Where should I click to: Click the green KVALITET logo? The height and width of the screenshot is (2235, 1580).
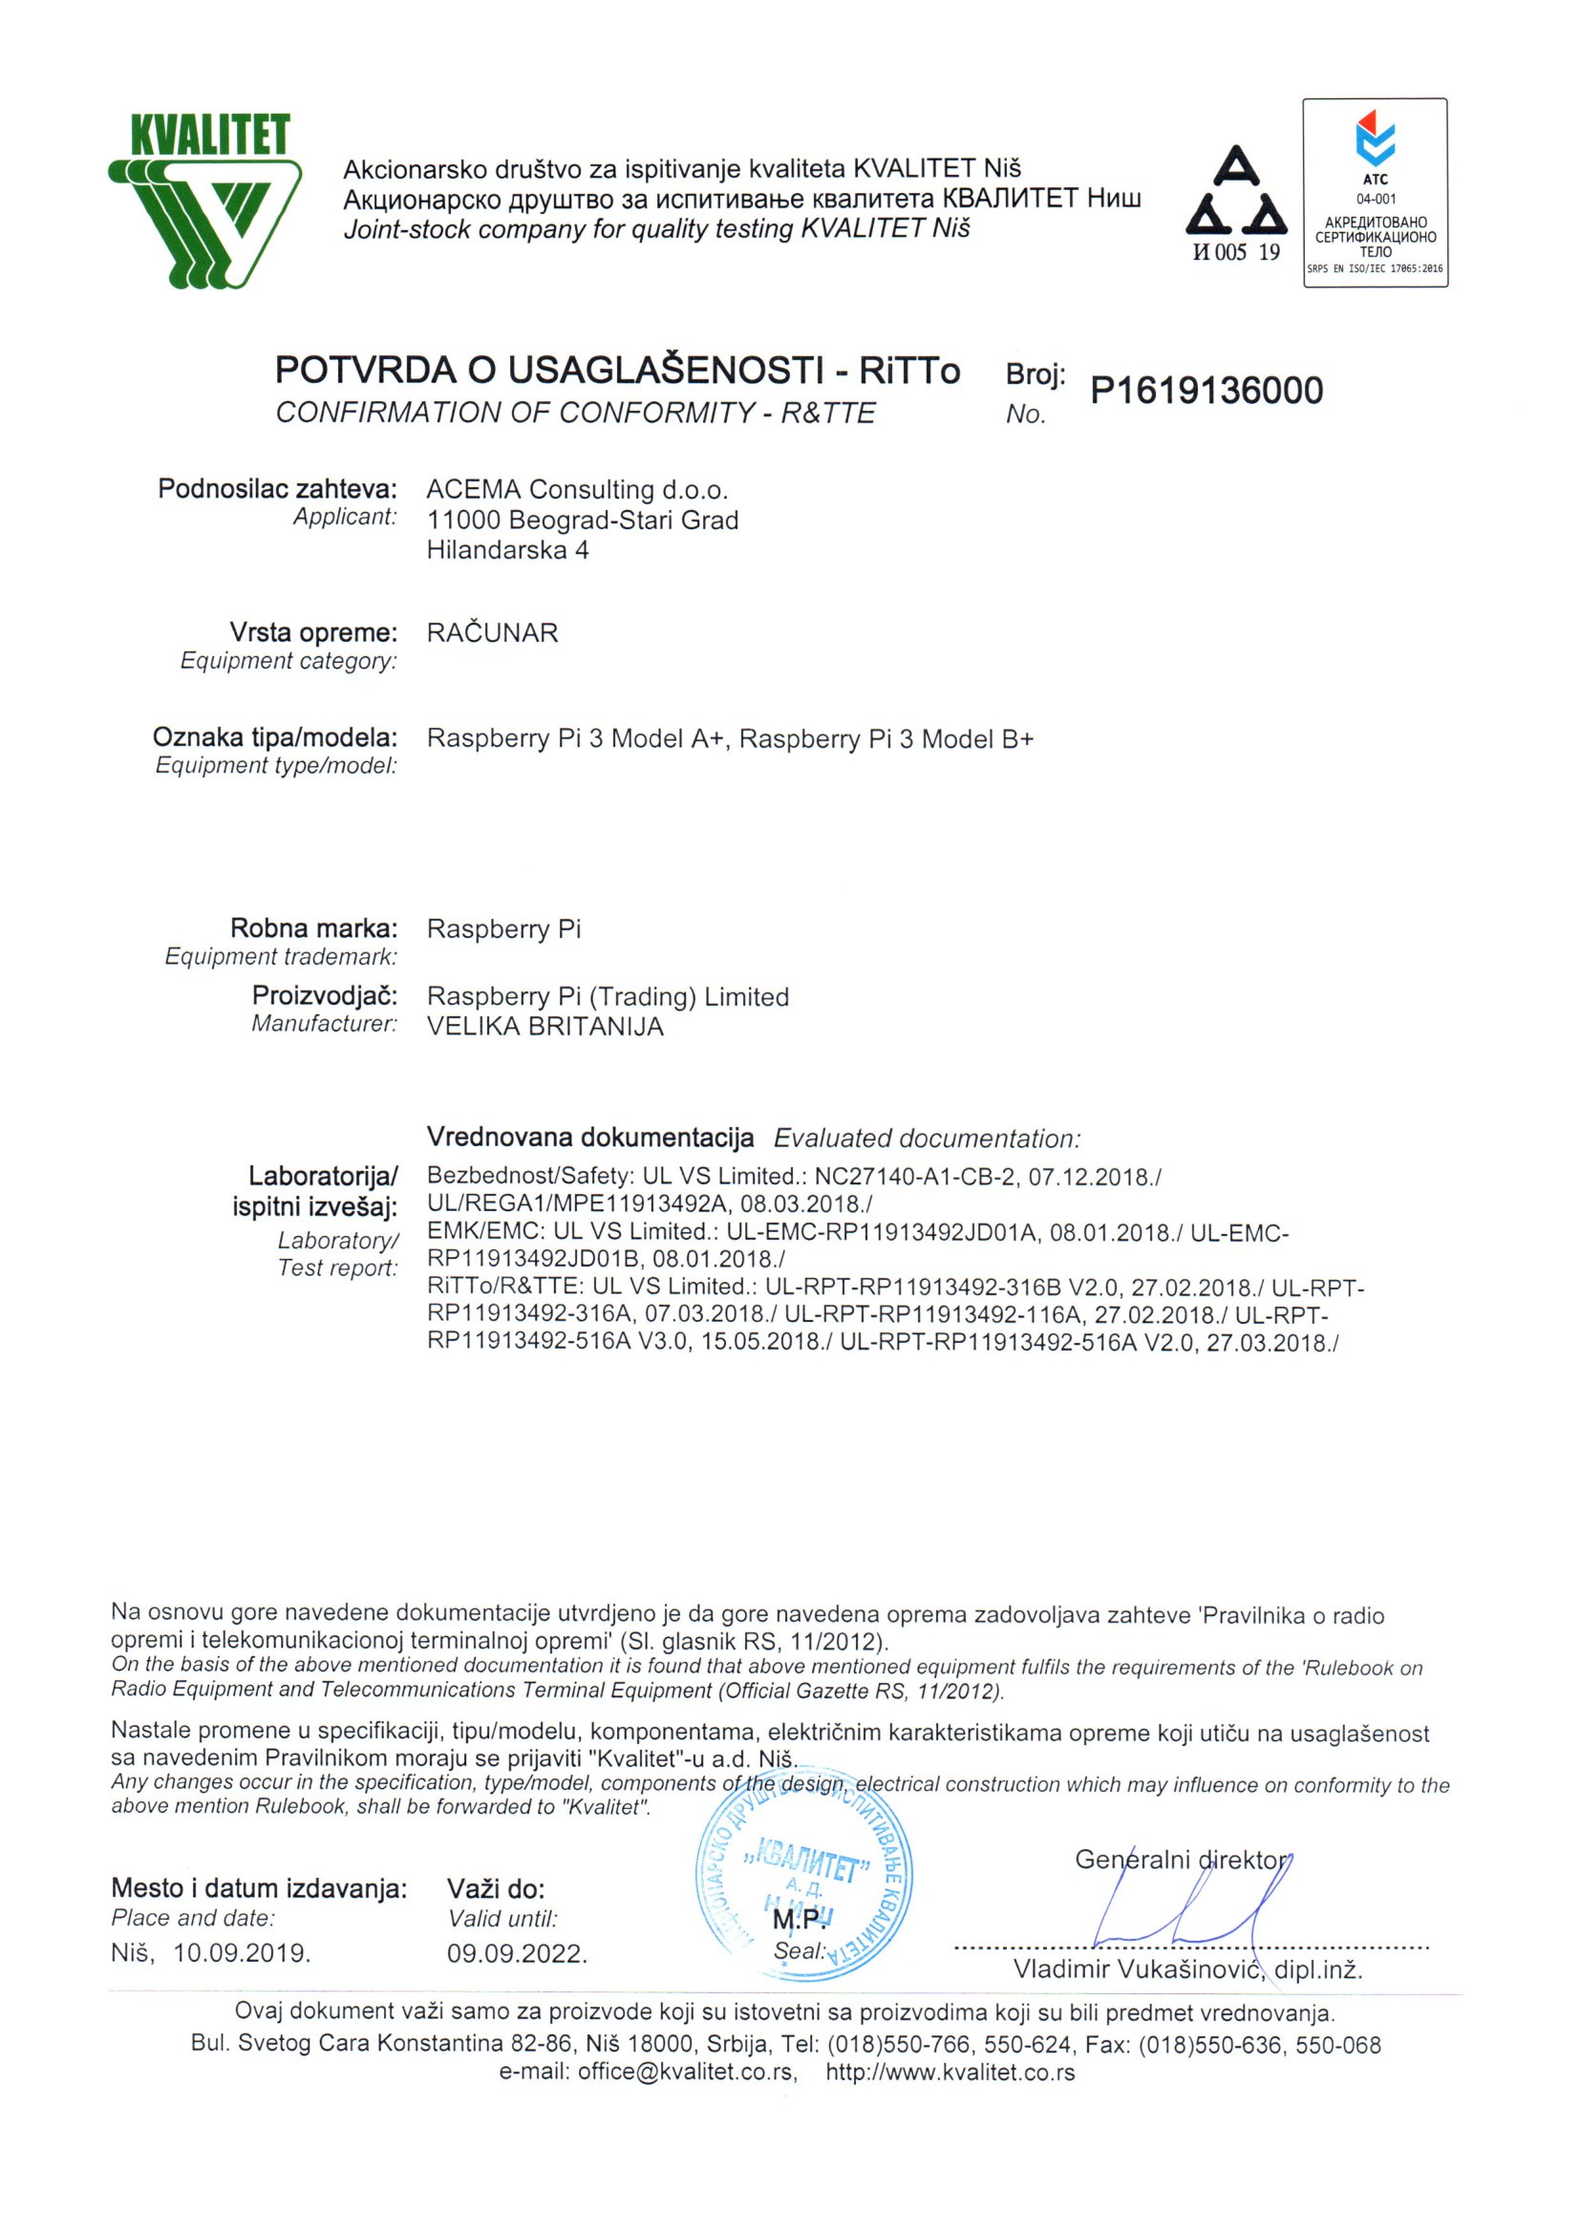click(204, 200)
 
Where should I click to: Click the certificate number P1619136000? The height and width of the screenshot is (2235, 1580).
click(1206, 391)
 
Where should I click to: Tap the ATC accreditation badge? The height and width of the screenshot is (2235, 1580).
click(1375, 192)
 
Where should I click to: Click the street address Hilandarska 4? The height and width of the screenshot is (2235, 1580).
click(507, 550)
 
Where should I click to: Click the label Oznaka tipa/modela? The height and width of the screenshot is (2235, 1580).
click(275, 738)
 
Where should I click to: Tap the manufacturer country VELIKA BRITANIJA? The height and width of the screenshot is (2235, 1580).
click(545, 1027)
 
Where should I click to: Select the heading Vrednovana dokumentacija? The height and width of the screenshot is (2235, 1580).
click(590, 1137)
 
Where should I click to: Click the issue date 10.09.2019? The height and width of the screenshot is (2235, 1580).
click(242, 1952)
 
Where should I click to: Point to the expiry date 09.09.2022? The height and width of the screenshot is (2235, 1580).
click(517, 1953)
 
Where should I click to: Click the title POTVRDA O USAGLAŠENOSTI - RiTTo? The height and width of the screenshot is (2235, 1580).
click(617, 371)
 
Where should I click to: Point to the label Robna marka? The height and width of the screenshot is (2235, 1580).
click(313, 927)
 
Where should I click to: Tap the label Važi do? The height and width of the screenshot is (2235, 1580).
click(496, 1889)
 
